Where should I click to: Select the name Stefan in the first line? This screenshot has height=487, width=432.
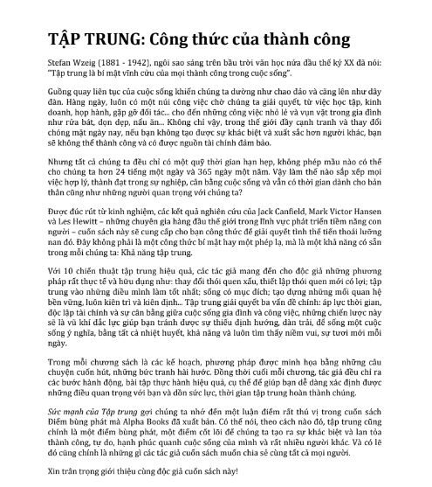point(58,66)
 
